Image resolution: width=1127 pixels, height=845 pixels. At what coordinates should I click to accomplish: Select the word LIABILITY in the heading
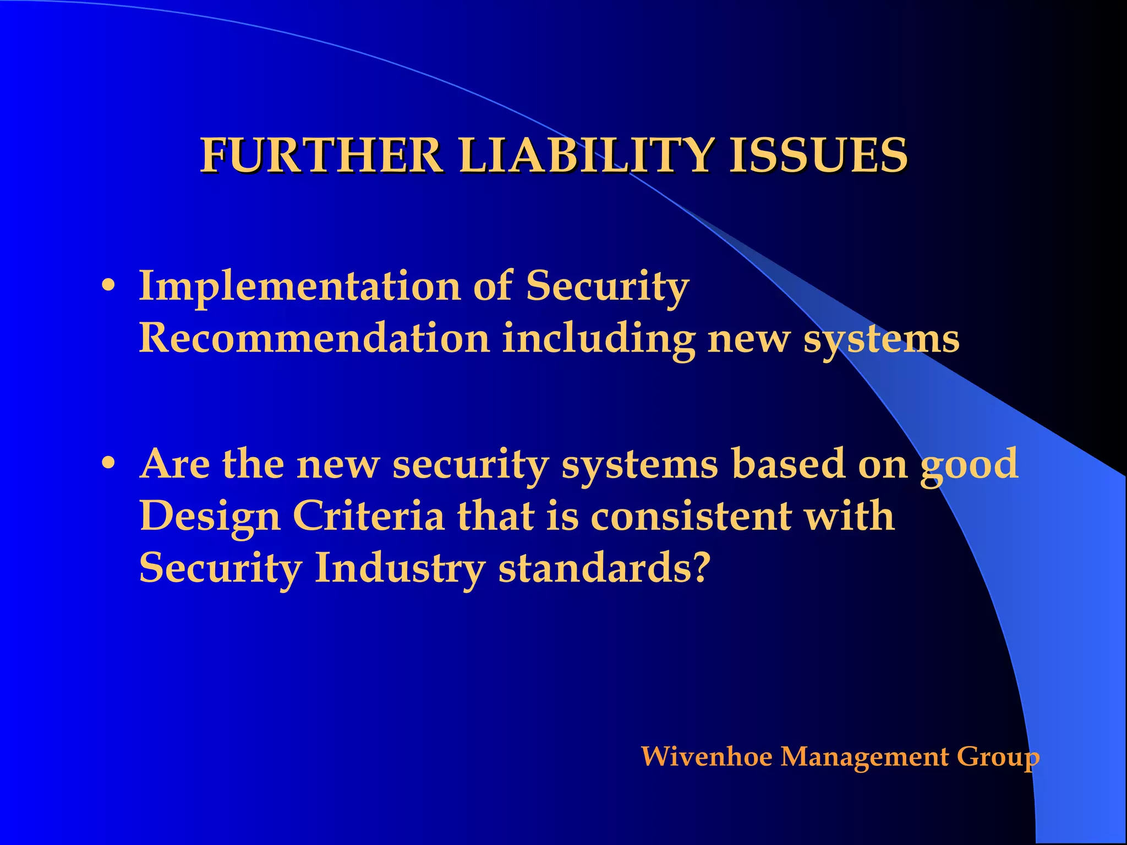587,156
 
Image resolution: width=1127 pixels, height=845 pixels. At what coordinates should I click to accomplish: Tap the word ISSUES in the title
818,156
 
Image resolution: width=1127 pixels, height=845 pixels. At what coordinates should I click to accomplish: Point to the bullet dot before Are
108,464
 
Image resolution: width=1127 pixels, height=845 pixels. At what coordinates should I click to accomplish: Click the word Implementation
300,287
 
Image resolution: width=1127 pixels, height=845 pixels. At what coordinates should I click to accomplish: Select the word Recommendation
314,338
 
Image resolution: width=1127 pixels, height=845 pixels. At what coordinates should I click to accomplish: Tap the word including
599,339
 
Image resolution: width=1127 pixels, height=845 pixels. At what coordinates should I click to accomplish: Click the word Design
210,517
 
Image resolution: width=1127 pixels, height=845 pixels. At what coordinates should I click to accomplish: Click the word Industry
400,569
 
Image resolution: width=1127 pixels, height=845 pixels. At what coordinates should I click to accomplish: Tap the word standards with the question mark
603,568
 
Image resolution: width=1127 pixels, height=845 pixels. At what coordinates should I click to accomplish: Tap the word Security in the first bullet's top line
607,287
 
